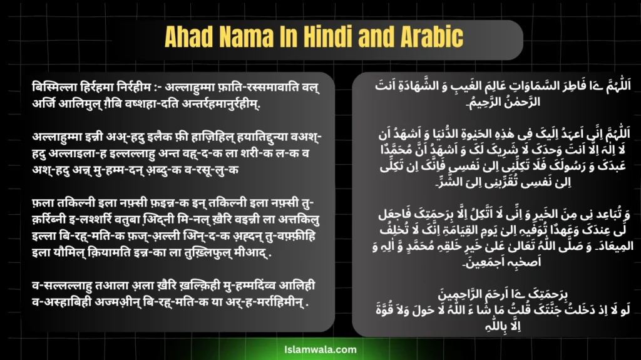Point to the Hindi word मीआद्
[x=263, y=256]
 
